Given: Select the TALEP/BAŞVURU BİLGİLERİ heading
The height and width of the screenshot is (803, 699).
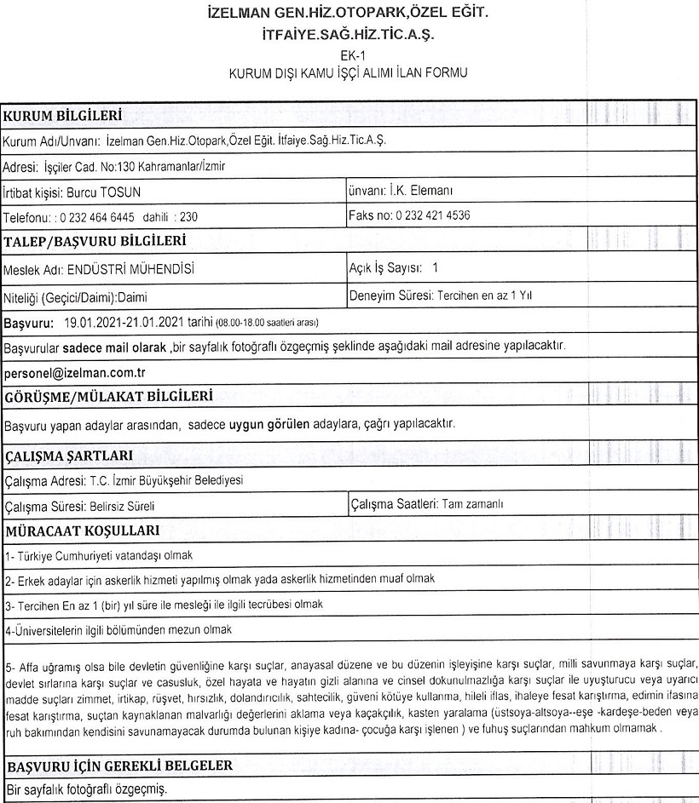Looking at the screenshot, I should pos(96,241).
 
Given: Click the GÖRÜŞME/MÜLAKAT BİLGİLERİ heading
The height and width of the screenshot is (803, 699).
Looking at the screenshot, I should pos(107,396).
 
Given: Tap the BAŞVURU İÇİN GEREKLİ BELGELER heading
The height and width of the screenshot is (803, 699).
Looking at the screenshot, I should pos(118,766).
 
